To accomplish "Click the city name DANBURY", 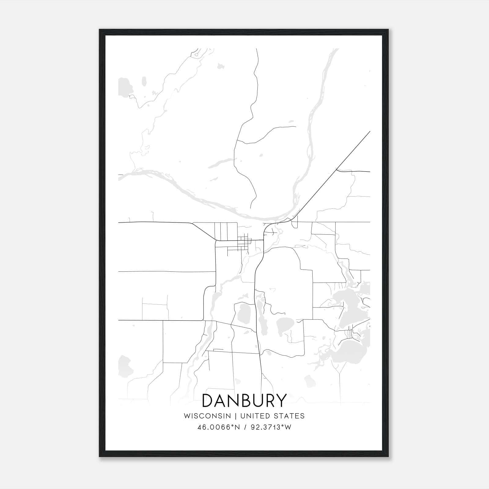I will (244, 400).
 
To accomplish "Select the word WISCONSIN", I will (207, 416).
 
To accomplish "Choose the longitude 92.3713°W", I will (271, 427).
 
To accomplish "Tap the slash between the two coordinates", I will (245, 427).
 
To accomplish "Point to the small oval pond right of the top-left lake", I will (144, 82).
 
